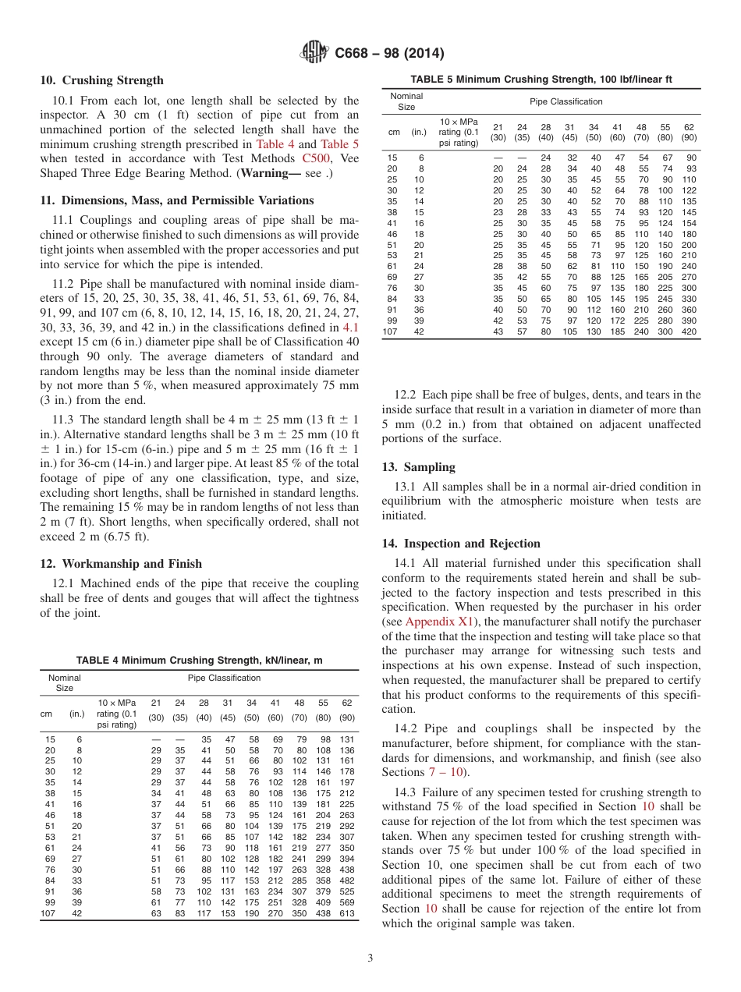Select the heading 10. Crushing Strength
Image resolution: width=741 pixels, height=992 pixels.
[x=101, y=80]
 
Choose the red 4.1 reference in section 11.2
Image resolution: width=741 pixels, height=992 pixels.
[x=351, y=328]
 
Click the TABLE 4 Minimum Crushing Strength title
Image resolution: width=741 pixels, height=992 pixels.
[x=199, y=661]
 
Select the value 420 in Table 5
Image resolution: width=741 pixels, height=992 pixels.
[x=690, y=331]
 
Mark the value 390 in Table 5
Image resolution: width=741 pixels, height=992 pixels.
[x=690, y=321]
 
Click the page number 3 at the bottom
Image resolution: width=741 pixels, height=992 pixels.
[x=370, y=958]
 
